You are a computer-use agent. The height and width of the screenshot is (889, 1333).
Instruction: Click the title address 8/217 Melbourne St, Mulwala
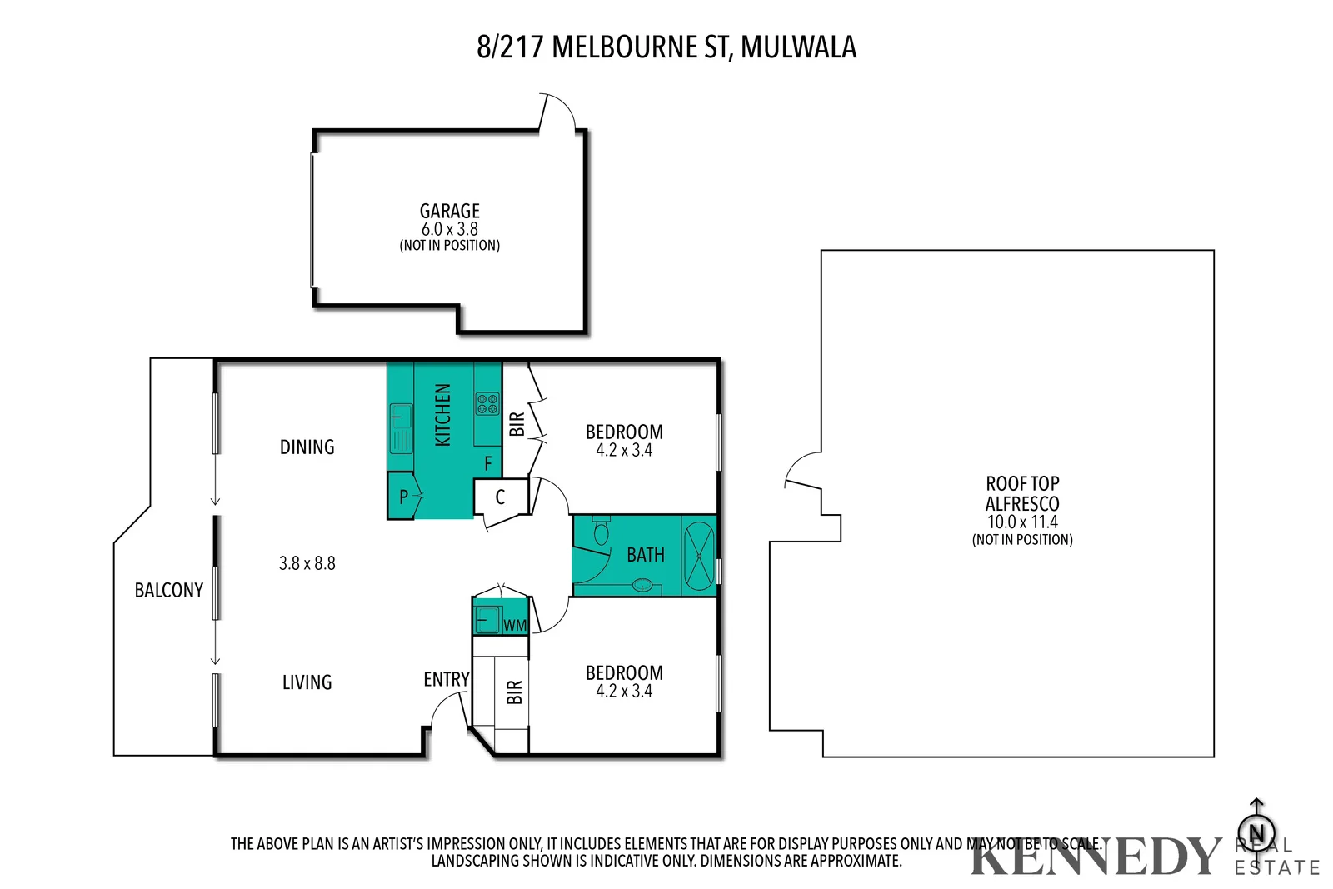coord(666,47)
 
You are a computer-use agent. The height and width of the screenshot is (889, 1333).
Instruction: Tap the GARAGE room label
coord(449,211)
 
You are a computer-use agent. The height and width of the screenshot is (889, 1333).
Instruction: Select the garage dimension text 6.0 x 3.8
coord(449,229)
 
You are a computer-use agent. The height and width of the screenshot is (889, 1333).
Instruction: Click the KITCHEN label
coord(442,415)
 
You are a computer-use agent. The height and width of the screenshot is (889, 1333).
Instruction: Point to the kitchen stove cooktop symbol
coord(487,404)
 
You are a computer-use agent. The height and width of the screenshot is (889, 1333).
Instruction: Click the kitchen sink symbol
coord(402,427)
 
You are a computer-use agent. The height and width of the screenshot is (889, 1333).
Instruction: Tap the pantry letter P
coord(403,497)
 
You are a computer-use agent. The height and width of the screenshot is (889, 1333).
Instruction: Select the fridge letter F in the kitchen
coord(488,463)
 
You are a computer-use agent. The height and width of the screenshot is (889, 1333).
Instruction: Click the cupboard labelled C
coord(500,497)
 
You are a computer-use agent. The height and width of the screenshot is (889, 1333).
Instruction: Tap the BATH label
coord(645,555)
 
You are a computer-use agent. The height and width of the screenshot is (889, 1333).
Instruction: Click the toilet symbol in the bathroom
coord(601,531)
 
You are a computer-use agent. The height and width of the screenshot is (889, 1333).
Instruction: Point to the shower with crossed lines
coord(698,555)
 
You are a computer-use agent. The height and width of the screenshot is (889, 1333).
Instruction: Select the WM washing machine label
coord(515,626)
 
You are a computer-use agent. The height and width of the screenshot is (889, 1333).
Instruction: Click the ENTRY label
coord(446,680)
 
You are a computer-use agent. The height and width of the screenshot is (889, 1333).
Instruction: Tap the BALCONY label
coord(169,591)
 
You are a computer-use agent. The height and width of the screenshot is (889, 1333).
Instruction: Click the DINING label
coord(307,447)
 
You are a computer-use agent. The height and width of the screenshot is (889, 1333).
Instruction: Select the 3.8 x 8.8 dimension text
coord(307,564)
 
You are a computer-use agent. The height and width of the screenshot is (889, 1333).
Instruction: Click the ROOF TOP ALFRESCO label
coord(1022,494)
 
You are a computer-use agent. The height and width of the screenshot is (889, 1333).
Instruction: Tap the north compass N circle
coord(1256,832)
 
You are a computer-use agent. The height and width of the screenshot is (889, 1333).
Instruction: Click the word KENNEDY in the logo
coord(1094,857)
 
